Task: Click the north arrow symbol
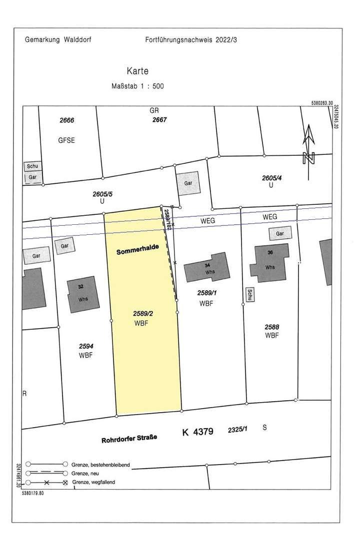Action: pyautogui.click(x=309, y=145)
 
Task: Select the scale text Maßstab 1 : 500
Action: pyautogui.click(x=137, y=86)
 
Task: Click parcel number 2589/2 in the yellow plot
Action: pyautogui.click(x=143, y=313)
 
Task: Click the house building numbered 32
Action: pyautogui.click(x=81, y=294)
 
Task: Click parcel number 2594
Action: pyautogui.click(x=86, y=346)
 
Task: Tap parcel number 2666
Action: pyautogui.click(x=66, y=120)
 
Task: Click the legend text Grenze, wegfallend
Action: pyautogui.click(x=97, y=482)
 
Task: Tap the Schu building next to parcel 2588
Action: pyautogui.click(x=248, y=295)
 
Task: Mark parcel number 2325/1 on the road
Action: pyautogui.click(x=238, y=429)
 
